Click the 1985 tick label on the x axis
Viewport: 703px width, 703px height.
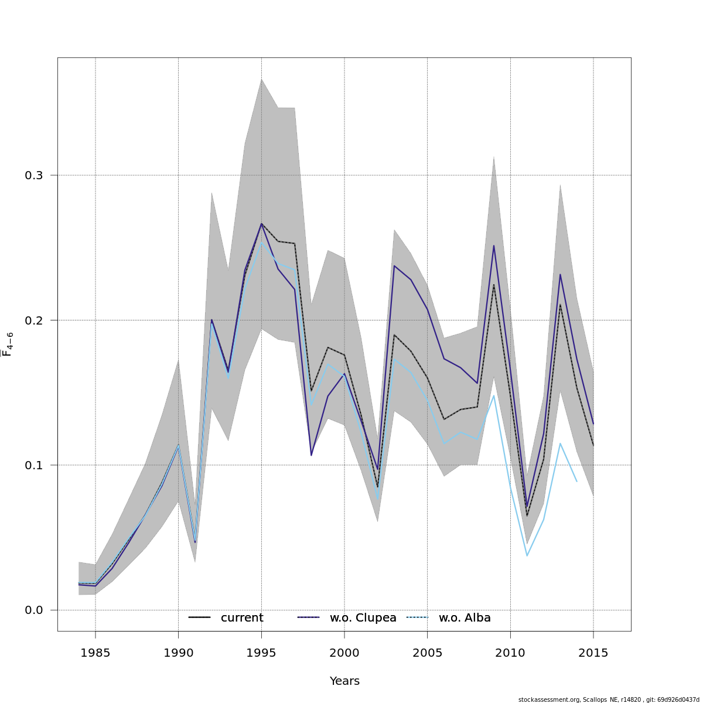pyautogui.click(x=95, y=653)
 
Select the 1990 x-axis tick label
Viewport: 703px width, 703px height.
pyautogui.click(x=178, y=653)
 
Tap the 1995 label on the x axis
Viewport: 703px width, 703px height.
pyautogui.click(x=261, y=653)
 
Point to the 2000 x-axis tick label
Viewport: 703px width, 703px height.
pyautogui.click(x=344, y=653)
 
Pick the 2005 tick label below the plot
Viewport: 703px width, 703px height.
pyautogui.click(x=427, y=653)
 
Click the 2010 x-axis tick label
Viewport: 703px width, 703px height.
pyautogui.click(x=510, y=653)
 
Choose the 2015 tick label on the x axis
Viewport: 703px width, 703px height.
pyautogui.click(x=593, y=653)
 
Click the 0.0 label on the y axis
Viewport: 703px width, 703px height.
pyautogui.click(x=35, y=610)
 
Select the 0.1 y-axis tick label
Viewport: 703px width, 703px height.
pyautogui.click(x=35, y=465)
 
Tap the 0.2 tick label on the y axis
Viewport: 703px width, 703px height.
pyautogui.click(x=35, y=320)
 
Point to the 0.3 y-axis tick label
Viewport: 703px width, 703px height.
pyautogui.click(x=35, y=175)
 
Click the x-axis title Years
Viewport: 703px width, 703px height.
pyautogui.click(x=344, y=681)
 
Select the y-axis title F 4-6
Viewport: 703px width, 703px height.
pyautogui.click(x=8, y=344)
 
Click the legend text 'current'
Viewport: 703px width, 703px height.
pyautogui.click(x=242, y=618)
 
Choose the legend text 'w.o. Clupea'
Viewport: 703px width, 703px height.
pyautogui.click(x=363, y=618)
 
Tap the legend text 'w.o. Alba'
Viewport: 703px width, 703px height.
pyautogui.click(x=465, y=618)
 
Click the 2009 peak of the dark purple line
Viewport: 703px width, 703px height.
pyautogui.click(x=494, y=246)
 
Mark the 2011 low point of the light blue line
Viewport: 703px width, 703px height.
pyautogui.click(x=527, y=555)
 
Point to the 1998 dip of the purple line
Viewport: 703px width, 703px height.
pyautogui.click(x=311, y=455)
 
